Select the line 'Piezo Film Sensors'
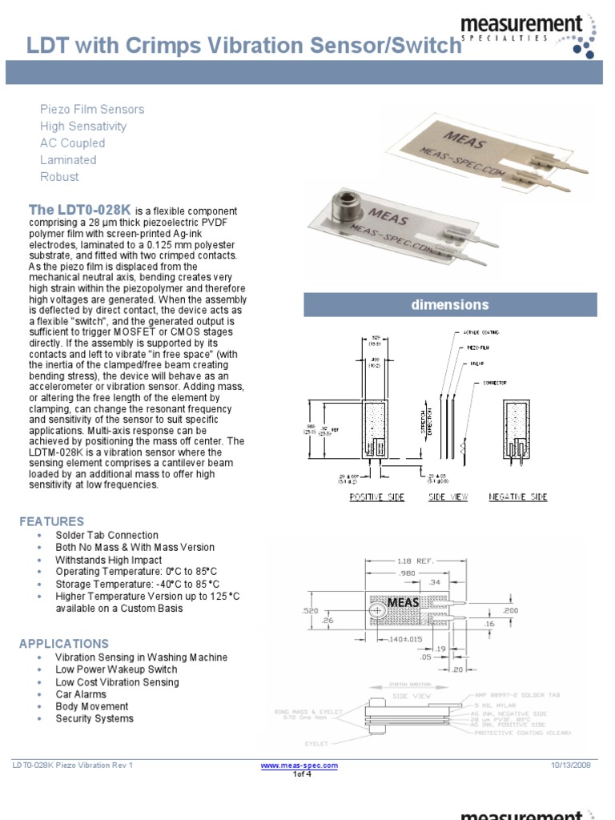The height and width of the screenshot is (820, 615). pos(92,109)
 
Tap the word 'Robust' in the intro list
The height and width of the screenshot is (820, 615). pos(59,176)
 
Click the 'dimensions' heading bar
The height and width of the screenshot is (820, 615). pos(449,305)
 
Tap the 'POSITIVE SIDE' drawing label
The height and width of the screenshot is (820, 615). pos(377,497)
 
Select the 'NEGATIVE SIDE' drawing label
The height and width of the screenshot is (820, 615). pos(518,497)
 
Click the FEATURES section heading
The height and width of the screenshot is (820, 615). pos(51,521)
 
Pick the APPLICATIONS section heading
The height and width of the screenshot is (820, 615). pos(63,643)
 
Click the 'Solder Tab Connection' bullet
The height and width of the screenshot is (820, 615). pos(107,535)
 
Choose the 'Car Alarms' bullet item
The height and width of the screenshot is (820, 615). pos(81,694)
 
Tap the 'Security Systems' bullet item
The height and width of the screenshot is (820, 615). pos(94,718)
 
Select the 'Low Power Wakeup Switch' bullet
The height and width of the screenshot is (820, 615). pos(116,669)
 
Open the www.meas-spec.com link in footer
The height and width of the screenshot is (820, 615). pos(299,766)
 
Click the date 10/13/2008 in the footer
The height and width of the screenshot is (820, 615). pos(571,766)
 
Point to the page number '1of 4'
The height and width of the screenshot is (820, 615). pos(301,774)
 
